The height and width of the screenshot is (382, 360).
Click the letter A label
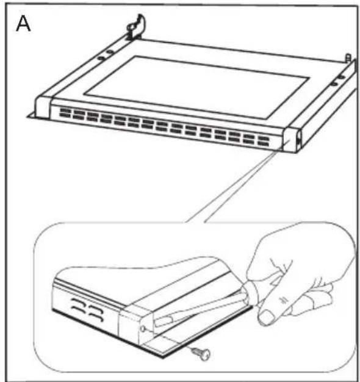click(23, 24)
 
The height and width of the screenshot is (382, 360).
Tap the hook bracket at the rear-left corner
click(136, 27)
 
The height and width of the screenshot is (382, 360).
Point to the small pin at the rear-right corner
click(348, 59)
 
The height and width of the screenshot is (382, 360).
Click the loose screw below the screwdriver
click(201, 353)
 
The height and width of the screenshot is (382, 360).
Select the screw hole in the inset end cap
click(143, 329)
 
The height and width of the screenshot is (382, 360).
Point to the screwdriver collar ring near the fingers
click(251, 292)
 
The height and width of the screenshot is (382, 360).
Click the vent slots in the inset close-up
click(87, 309)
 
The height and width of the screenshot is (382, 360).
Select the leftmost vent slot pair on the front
click(65, 113)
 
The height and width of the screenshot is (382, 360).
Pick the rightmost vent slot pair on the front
click(263, 142)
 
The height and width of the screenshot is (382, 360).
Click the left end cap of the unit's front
click(43, 109)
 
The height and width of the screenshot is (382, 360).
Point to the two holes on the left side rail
click(106, 55)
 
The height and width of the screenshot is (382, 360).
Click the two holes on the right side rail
click(338, 81)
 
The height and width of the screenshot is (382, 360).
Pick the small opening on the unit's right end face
click(298, 140)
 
